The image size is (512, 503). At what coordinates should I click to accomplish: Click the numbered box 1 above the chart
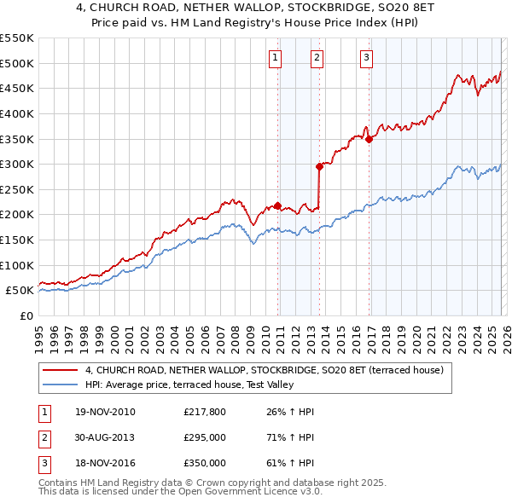point(276,58)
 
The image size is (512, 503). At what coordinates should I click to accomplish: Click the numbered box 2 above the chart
point(317,58)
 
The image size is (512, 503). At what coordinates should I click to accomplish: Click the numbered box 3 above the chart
point(366,58)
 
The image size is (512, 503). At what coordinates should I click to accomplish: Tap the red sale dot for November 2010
point(278,205)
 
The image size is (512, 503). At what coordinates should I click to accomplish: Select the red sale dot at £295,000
point(319,166)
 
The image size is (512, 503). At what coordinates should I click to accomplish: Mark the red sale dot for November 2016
point(369,139)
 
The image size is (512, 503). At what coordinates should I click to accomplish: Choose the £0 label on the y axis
point(26,315)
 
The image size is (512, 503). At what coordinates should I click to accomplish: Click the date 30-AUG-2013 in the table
point(105,437)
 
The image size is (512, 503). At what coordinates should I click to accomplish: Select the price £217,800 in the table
point(204,412)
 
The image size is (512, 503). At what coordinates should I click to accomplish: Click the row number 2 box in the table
point(44,437)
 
